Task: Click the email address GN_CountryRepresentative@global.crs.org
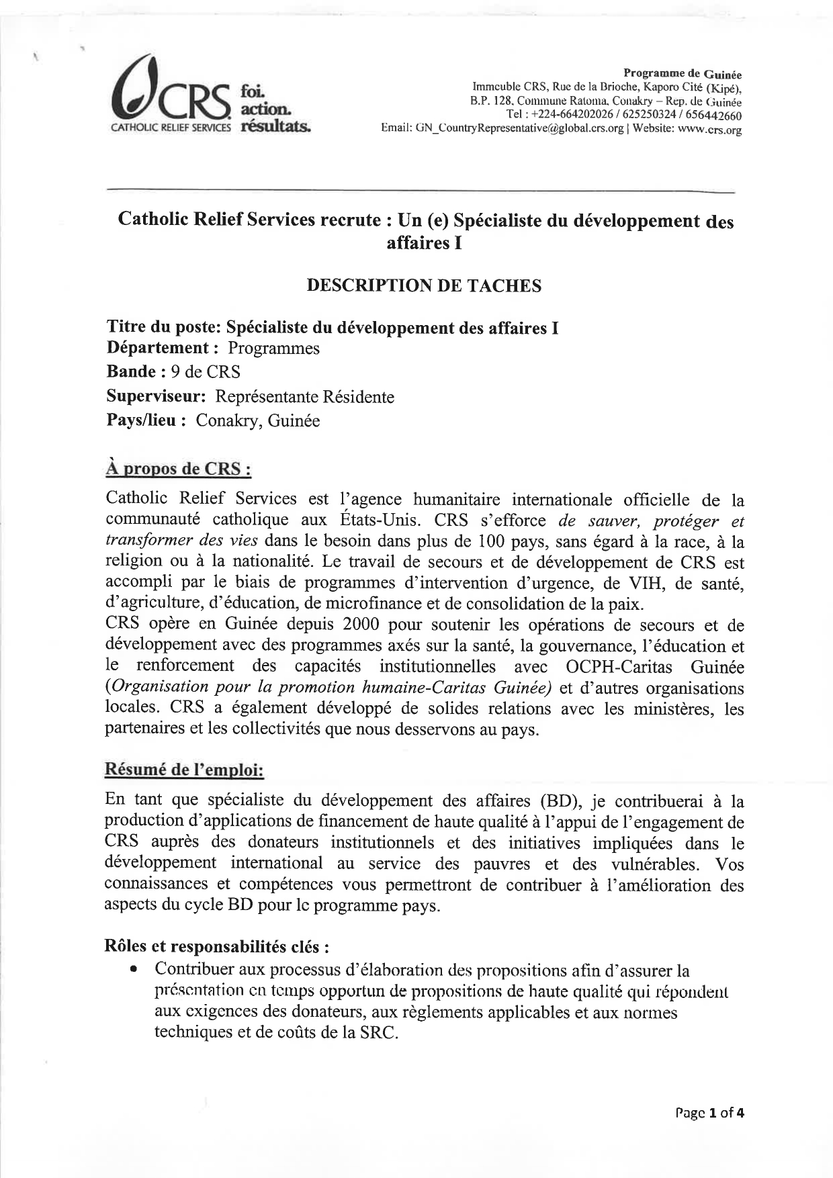517,128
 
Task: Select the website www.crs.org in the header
709,129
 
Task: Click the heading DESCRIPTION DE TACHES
424,286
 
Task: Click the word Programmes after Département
273,349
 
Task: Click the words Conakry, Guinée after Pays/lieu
258,421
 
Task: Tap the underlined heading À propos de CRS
178,468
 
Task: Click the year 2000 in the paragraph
361,625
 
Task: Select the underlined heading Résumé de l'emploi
184,770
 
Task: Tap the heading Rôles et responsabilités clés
217,946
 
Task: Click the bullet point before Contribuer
135,970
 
